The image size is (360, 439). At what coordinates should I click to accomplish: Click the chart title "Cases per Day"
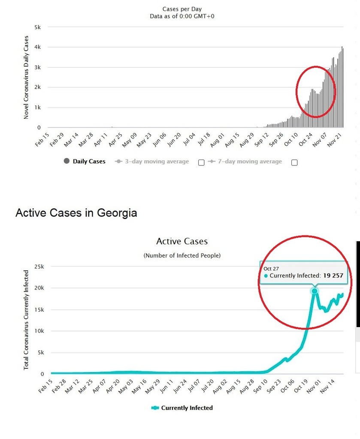182,9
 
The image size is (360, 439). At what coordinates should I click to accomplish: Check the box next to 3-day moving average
201,162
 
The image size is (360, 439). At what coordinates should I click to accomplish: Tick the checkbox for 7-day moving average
294,162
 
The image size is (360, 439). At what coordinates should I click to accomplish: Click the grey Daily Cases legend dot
67,161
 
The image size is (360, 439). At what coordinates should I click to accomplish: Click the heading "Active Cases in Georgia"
76,213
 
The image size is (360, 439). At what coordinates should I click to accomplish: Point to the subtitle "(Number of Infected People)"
182,256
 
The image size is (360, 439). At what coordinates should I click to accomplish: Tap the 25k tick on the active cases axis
39,267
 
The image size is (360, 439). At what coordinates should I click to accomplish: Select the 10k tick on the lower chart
39,331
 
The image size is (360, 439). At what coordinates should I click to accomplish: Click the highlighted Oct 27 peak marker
315,291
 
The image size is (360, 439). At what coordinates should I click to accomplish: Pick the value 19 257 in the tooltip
333,276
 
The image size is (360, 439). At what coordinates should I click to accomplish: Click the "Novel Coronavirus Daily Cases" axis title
26,78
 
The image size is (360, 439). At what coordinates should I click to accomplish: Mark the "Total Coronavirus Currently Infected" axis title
26,320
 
